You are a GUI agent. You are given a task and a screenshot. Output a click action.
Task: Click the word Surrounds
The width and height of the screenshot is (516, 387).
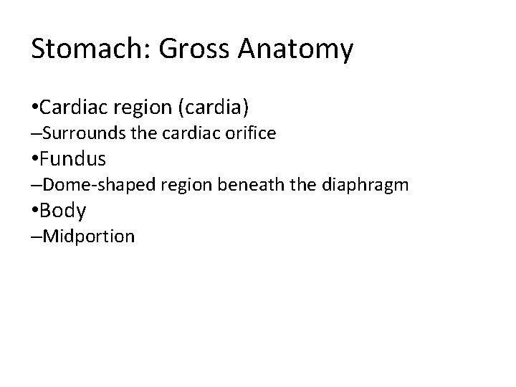(x=81, y=133)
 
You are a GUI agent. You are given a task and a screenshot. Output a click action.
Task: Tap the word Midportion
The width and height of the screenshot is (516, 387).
(x=89, y=236)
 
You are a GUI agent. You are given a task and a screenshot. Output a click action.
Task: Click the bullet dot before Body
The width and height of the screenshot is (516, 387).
(x=35, y=211)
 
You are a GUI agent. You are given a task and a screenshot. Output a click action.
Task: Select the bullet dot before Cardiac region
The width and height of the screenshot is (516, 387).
(x=35, y=108)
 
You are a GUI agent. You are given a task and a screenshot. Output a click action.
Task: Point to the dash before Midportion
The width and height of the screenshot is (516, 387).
(x=37, y=237)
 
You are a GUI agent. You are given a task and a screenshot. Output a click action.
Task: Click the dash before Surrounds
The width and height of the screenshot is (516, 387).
(x=37, y=134)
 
